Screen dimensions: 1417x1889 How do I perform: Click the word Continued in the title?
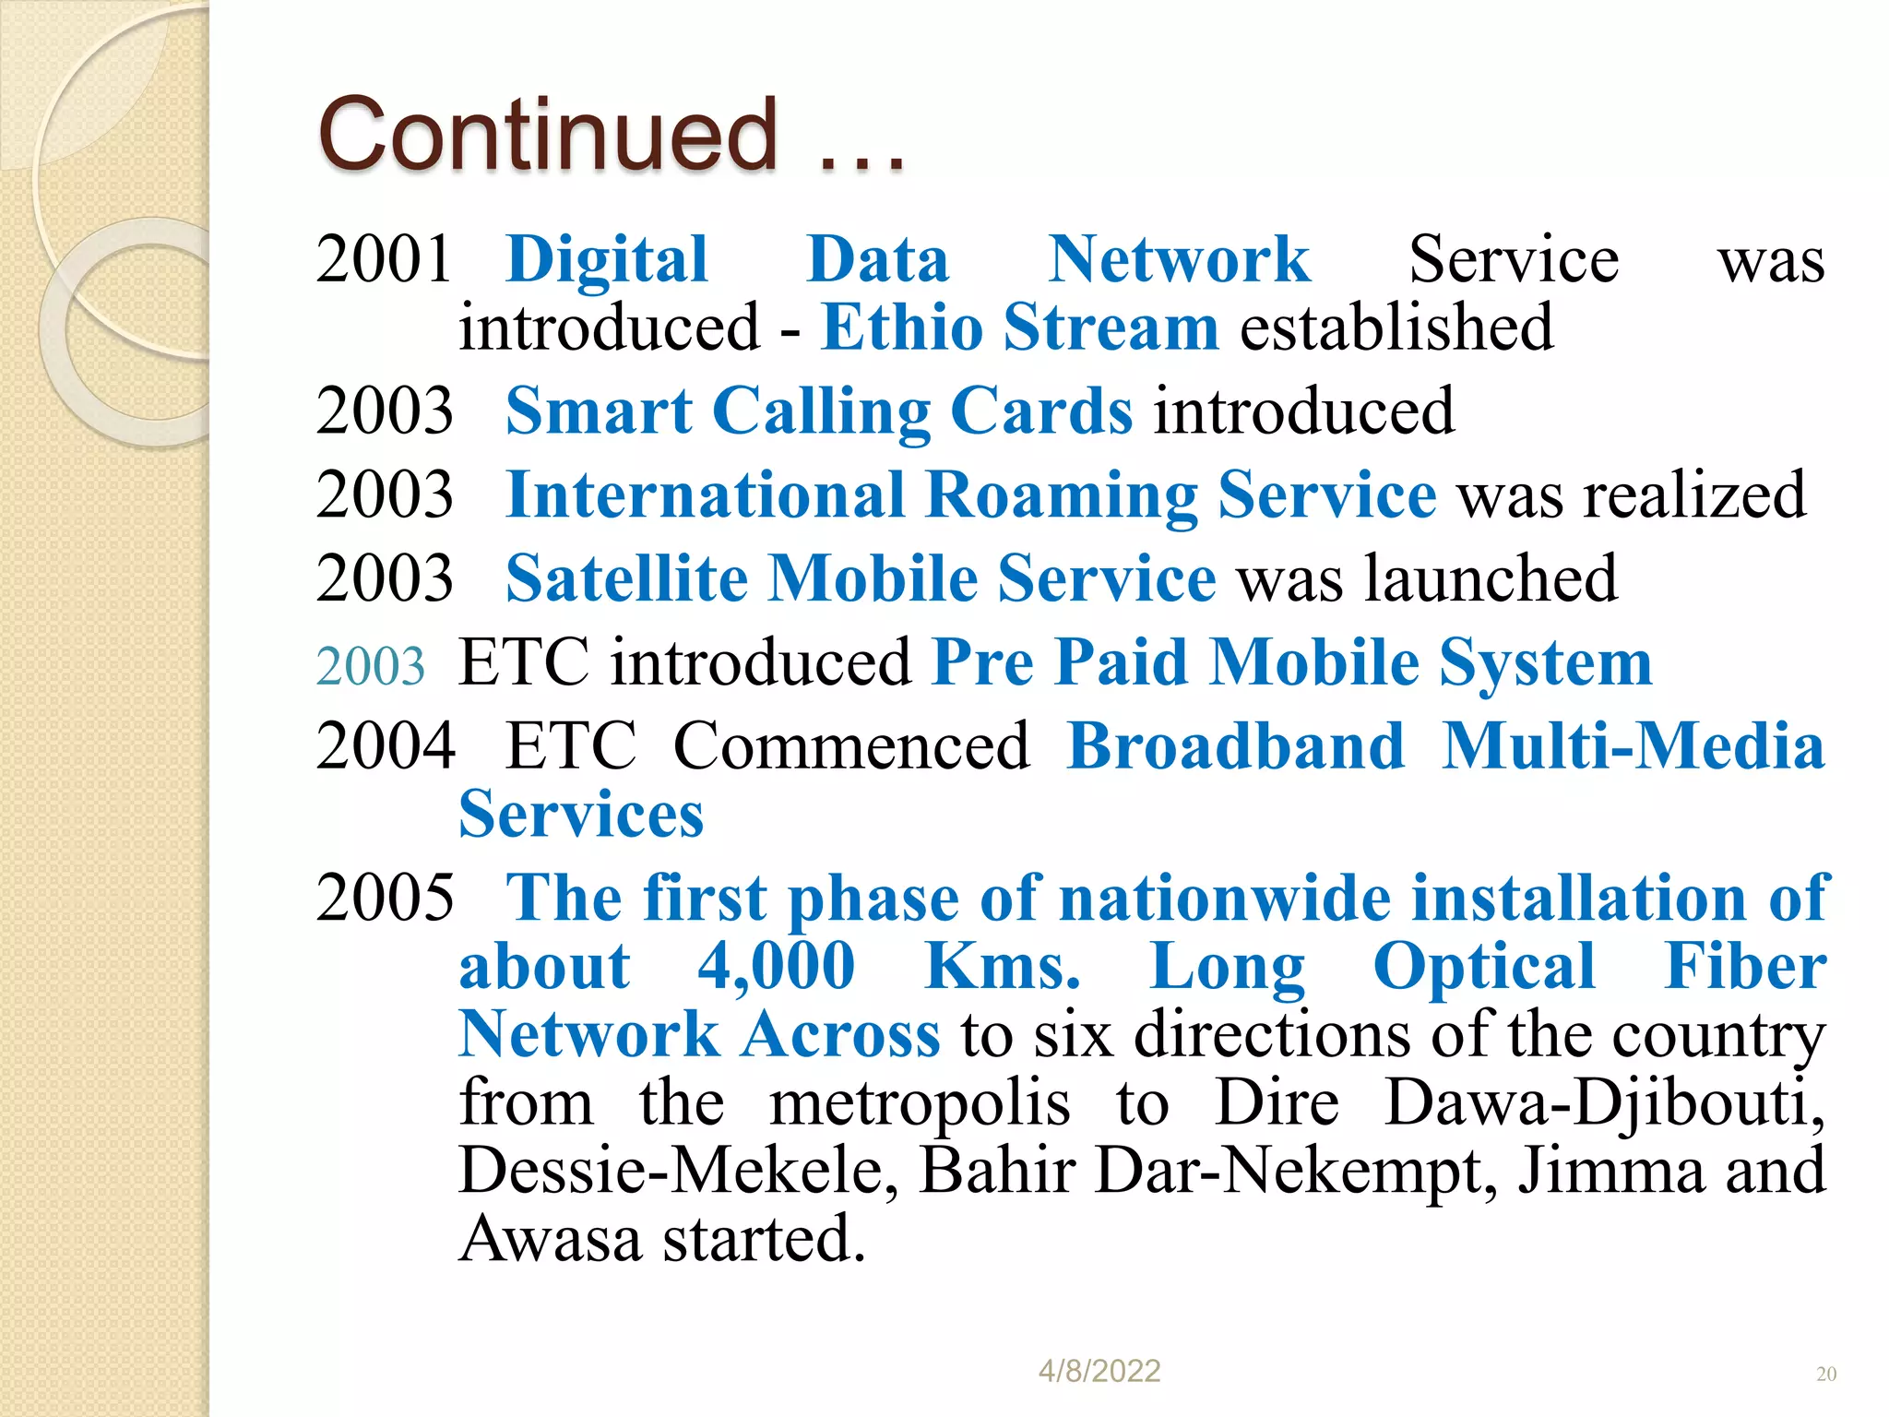(x=548, y=136)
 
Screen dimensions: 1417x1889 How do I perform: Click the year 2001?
(x=384, y=259)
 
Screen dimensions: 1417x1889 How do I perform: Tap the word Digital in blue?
(x=607, y=261)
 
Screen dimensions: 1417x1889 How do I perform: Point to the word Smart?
(x=599, y=411)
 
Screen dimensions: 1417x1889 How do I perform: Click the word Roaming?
(x=1061, y=496)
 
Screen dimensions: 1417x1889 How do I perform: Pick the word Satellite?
(x=626, y=579)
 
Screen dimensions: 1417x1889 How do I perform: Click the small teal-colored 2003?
(x=371, y=666)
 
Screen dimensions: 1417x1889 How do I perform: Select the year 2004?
(x=385, y=746)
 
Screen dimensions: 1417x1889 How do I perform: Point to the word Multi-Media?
(x=1634, y=746)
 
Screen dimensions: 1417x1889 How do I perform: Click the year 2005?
(x=385, y=898)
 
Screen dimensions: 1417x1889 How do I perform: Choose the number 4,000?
(x=777, y=967)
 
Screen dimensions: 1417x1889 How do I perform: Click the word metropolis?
(x=920, y=1103)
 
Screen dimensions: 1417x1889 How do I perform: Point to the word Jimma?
(x=1610, y=1171)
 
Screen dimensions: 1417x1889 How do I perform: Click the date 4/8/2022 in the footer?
(x=1099, y=1371)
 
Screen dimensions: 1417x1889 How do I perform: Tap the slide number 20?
(x=1826, y=1374)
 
